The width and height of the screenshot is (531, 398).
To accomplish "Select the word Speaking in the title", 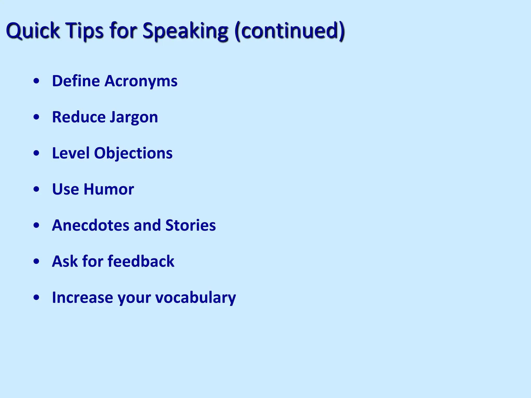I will click(x=185, y=31).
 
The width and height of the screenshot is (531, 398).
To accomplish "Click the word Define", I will click(x=76, y=81).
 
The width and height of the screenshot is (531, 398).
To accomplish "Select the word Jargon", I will click(x=134, y=117).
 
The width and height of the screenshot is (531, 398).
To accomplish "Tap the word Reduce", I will click(x=79, y=117).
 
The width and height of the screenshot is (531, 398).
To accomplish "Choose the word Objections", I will click(x=133, y=153).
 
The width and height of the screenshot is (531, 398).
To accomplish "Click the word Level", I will click(x=71, y=153).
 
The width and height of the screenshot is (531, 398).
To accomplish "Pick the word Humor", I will click(x=109, y=189).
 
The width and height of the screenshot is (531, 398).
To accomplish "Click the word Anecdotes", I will click(x=90, y=225).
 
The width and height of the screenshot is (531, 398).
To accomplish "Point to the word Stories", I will click(x=191, y=225).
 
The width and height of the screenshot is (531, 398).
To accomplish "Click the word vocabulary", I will click(x=195, y=297).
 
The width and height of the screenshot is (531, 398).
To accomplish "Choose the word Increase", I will click(x=82, y=297).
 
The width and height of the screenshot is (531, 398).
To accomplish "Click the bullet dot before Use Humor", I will click(x=37, y=189).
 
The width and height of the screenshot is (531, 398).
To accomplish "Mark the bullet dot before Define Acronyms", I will click(x=37, y=81).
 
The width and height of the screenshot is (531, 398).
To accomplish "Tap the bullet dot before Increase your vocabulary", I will click(x=37, y=298).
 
